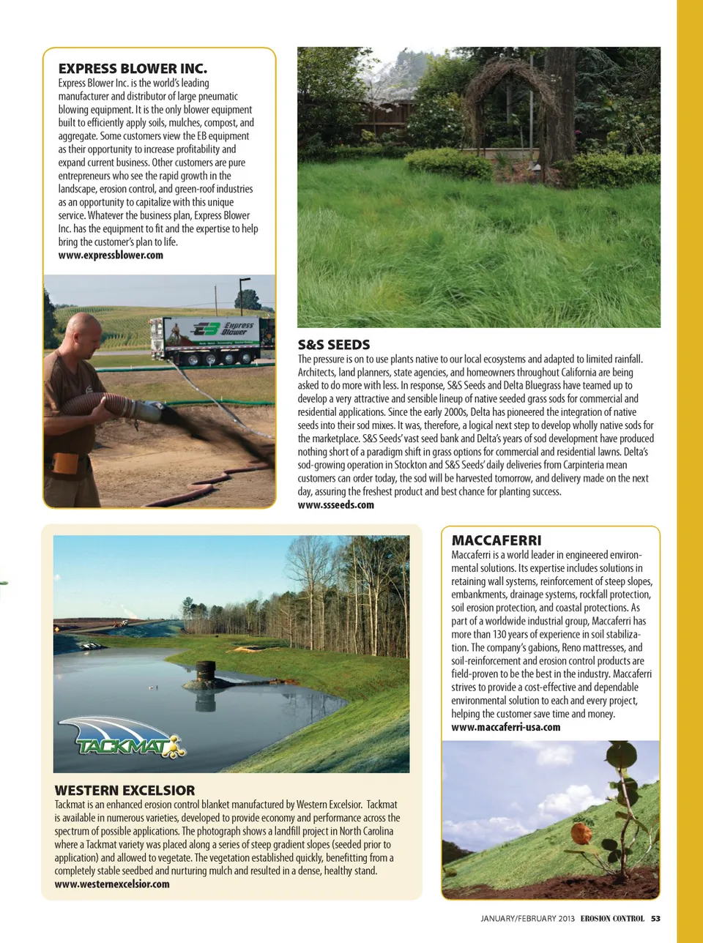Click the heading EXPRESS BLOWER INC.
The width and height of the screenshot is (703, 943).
pyautogui.click(x=133, y=69)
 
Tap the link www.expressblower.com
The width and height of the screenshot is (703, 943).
pyautogui.click(x=111, y=256)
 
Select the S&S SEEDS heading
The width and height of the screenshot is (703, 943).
pyautogui.click(x=334, y=345)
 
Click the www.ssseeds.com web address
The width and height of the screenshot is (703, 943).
pyautogui.click(x=335, y=505)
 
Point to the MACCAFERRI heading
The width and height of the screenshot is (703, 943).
pyautogui.click(x=496, y=540)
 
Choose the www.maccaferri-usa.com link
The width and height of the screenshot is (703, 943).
pyautogui.click(x=505, y=727)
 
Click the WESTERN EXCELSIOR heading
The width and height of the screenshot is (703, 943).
pyautogui.click(x=124, y=791)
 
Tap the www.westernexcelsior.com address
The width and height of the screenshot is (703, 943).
pyautogui.click(x=112, y=884)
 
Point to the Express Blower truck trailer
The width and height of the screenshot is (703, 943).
pyautogui.click(x=213, y=339)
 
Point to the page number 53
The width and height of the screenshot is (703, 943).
pyautogui.click(x=655, y=918)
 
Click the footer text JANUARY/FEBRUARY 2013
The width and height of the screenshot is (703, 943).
pyautogui.click(x=527, y=918)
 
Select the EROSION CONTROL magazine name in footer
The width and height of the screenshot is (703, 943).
pyautogui.click(x=612, y=918)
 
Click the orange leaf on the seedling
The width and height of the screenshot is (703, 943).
pyautogui.click(x=581, y=833)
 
